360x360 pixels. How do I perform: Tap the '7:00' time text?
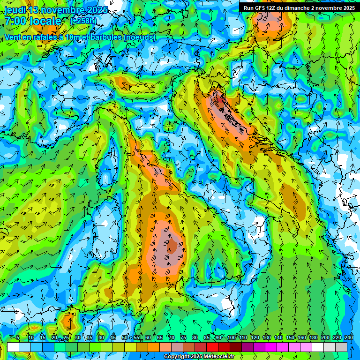(x=15, y=21)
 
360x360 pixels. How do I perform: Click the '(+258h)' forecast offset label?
(x=84, y=21)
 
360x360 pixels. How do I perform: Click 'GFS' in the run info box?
(x=260, y=8)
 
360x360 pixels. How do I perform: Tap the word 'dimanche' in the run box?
(x=296, y=8)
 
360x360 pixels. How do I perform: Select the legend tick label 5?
(x=18, y=337)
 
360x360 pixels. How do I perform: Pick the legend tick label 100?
(x=232, y=337)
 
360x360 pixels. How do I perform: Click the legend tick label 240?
(x=349, y=337)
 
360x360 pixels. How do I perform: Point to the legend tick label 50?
(x=125, y=337)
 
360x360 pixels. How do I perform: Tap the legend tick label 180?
(x=314, y=337)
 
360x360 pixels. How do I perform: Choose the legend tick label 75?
(x=183, y=337)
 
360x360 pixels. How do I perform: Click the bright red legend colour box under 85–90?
(x=212, y=347)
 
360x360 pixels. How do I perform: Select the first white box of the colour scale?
(x=13, y=347)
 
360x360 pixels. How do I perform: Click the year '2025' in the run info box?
(x=346, y=8)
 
